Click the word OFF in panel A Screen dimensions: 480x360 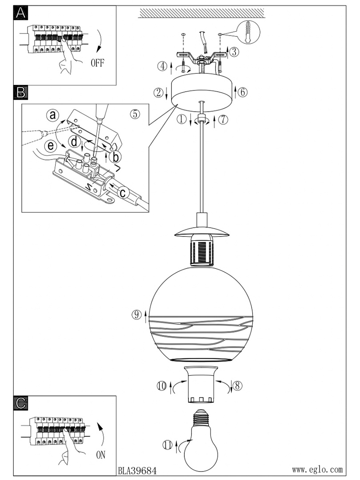tap(97, 62)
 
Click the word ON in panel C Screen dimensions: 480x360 tap(101, 455)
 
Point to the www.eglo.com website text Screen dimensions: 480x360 tap(317, 469)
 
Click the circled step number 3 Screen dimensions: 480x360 tap(235, 52)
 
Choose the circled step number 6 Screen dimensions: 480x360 tap(242, 92)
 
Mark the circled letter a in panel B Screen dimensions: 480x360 tap(53, 116)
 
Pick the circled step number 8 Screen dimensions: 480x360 tap(237, 385)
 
